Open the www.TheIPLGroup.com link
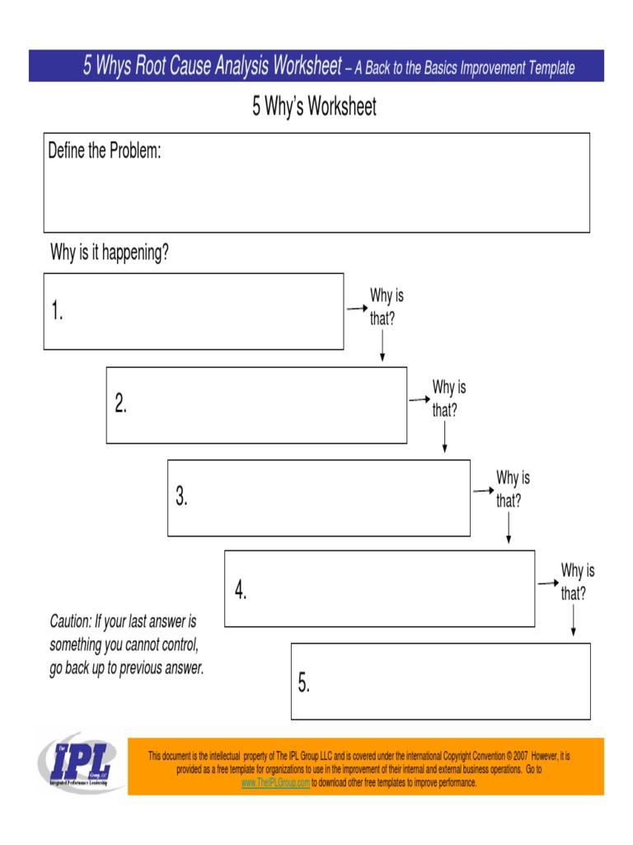275,782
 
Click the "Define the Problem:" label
104,151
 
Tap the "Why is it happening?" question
110,253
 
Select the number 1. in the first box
57,312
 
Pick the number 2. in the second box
120,404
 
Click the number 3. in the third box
181,497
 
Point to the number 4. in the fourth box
240,589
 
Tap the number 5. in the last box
304,682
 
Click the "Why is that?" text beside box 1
386,307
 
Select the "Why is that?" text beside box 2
448,398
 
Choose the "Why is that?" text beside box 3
512,489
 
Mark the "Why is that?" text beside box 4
577,581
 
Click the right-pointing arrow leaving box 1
356,309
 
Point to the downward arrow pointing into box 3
445,437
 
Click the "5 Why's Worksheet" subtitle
314,107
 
